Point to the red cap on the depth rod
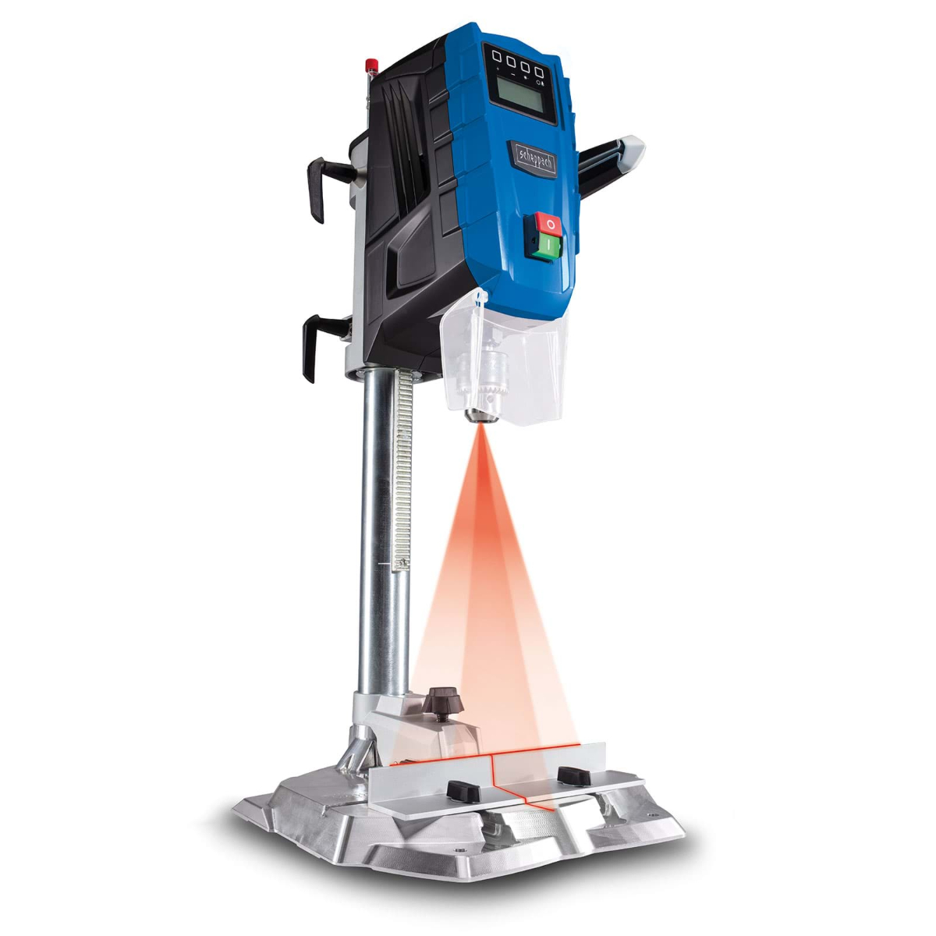(372, 64)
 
